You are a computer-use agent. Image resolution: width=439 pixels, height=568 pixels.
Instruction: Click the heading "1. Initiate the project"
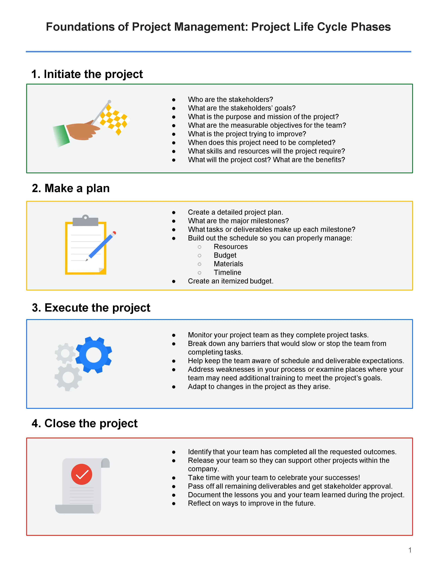(x=87, y=74)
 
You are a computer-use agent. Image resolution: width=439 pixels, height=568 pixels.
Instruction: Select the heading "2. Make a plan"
(x=71, y=188)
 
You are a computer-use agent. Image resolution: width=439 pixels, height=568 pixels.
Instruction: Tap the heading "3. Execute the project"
(x=91, y=308)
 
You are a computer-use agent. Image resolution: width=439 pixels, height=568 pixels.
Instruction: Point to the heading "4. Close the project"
(x=85, y=423)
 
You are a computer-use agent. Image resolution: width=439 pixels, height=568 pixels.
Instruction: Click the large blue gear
(x=94, y=355)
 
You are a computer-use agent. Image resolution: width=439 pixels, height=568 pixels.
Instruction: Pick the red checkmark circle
(x=82, y=474)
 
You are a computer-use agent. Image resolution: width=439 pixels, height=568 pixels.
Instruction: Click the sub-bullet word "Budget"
(x=225, y=255)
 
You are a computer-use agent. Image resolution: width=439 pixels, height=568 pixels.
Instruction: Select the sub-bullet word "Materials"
(x=228, y=264)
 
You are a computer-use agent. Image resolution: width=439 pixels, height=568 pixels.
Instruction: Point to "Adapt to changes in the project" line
(x=259, y=387)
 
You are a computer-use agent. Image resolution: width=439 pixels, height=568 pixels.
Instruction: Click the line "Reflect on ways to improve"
(x=252, y=503)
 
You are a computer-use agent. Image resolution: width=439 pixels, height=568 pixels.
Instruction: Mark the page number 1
(x=410, y=550)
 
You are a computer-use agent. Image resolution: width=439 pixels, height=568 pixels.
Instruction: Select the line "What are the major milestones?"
(x=238, y=221)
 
